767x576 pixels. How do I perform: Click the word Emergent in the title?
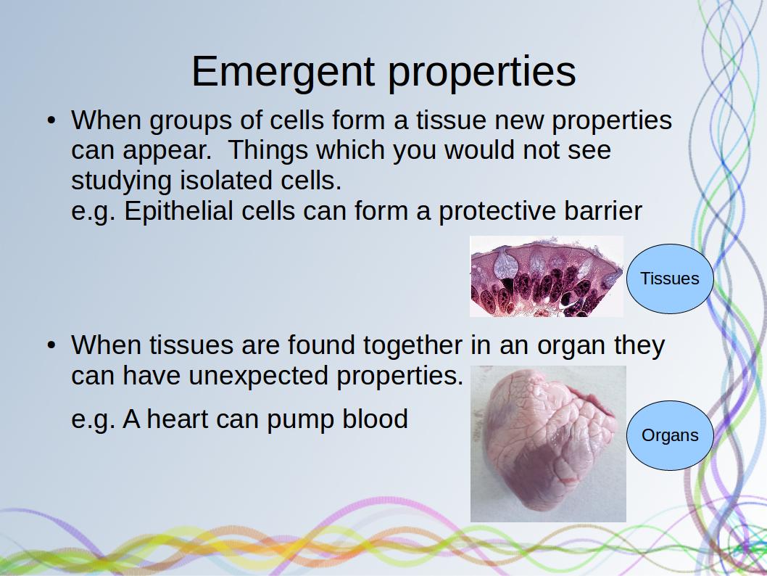(283, 73)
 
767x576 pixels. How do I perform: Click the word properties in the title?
(482, 73)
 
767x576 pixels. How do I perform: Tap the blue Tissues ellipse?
(670, 279)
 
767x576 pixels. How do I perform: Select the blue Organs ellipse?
(670, 435)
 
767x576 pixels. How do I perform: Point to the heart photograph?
(548, 444)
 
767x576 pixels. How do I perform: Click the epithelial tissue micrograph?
(547, 276)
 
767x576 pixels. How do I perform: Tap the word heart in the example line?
(178, 419)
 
